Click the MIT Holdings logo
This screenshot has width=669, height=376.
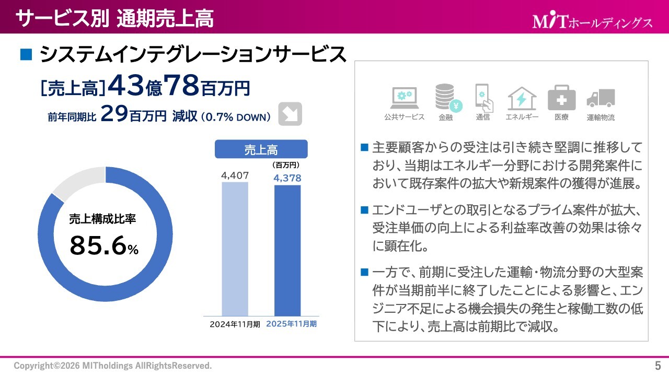click(592, 21)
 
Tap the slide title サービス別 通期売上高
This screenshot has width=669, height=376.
click(114, 18)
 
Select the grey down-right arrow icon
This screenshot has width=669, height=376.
click(290, 113)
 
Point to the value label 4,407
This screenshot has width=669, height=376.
click(235, 175)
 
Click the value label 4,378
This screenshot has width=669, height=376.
click(287, 178)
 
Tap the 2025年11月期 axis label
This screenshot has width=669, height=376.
click(291, 324)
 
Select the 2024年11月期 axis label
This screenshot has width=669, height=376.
click(235, 324)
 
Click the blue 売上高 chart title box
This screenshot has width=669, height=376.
click(261, 150)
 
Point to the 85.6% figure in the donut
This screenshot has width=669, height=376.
click(103, 246)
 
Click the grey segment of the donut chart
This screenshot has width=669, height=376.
click(78, 180)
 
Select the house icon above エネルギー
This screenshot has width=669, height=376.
click(522, 98)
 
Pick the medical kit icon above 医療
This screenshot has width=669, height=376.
click(561, 98)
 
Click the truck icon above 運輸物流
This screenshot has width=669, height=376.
click(600, 98)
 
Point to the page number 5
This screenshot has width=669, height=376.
click(658, 365)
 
